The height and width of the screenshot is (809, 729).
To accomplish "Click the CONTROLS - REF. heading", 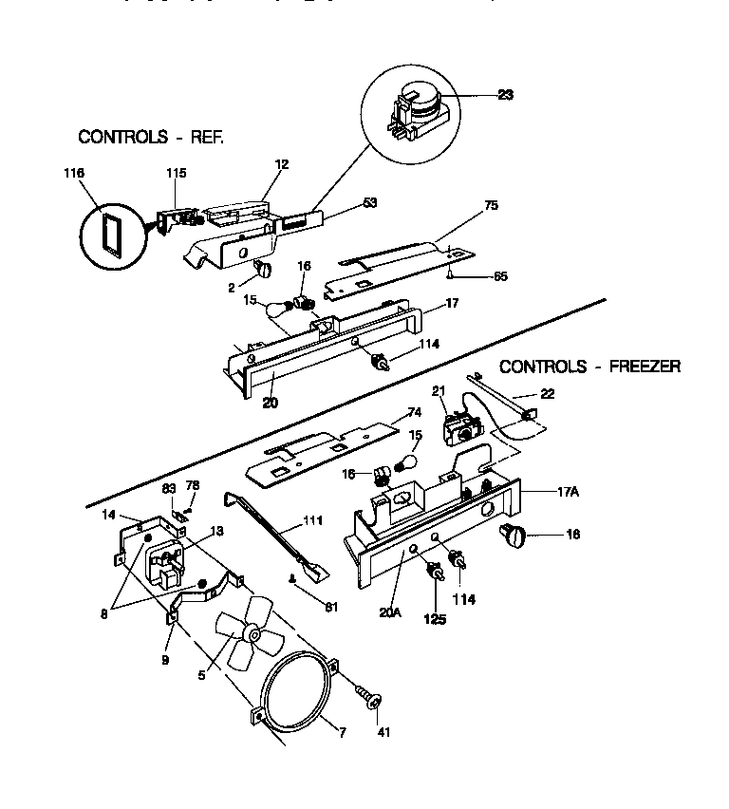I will point(151,137).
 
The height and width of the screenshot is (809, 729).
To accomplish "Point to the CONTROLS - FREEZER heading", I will point(589,366).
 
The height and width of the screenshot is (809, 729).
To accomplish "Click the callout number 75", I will point(490,205).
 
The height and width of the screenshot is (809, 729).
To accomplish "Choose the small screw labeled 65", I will point(447,274).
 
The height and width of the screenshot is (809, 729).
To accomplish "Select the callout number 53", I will point(370,202).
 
